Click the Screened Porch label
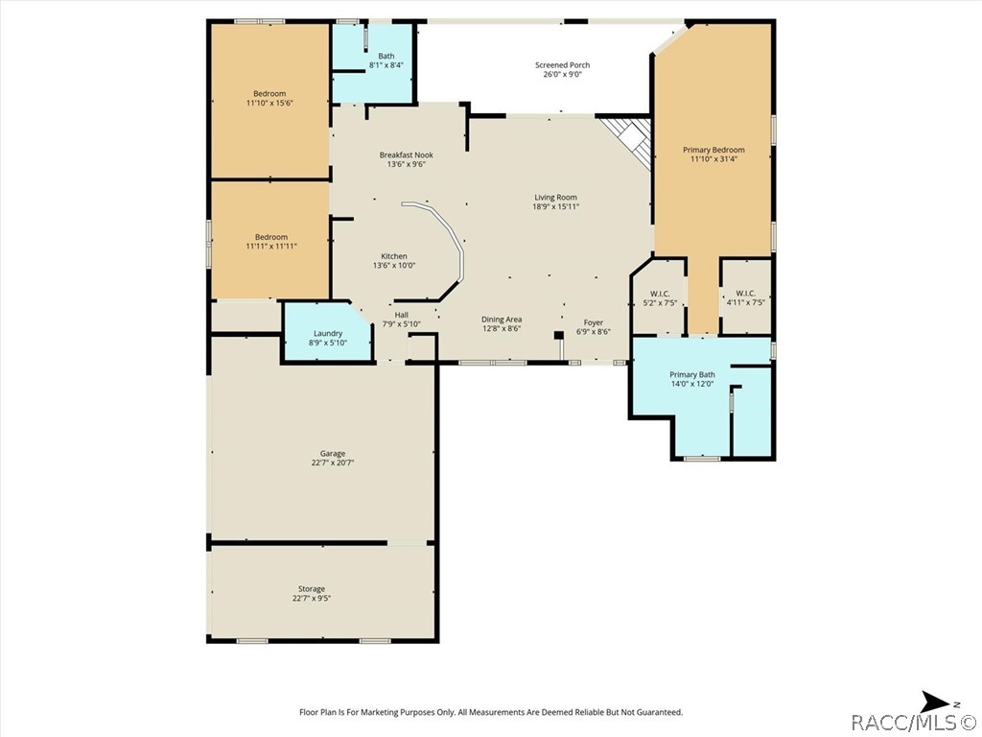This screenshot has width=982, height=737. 562,64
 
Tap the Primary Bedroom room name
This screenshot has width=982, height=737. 713,150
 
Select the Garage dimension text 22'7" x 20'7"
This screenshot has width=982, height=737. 333,464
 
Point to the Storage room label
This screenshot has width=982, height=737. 312,588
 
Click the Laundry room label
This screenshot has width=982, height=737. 328,333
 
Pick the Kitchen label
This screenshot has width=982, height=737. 394,255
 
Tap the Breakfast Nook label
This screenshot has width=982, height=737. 406,155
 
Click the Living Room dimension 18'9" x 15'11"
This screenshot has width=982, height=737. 555,206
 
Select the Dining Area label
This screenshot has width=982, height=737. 501,319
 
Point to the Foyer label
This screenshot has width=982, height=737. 593,322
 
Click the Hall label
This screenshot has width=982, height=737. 402,315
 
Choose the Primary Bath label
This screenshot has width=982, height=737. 692,375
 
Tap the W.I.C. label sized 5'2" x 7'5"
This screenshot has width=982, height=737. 660,294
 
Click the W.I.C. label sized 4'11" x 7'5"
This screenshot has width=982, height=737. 745,294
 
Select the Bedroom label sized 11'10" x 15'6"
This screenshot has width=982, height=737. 269,93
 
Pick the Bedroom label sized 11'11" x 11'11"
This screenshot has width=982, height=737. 270,237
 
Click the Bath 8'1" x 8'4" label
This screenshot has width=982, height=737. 386,56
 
